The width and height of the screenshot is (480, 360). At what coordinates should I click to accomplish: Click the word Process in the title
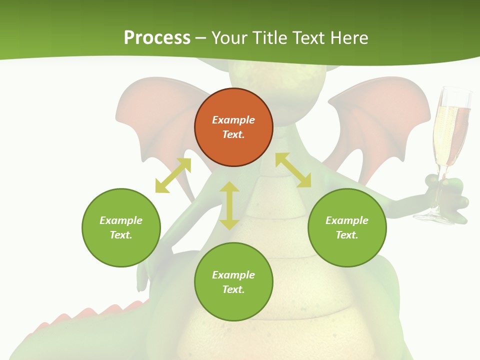click(157, 38)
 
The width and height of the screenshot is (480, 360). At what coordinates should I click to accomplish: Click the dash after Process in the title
click(201, 39)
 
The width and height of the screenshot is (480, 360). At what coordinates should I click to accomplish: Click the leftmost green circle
click(121, 227)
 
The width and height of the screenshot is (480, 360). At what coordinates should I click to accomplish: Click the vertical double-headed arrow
click(229, 205)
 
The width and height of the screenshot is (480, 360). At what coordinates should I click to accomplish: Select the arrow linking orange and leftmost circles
click(173, 175)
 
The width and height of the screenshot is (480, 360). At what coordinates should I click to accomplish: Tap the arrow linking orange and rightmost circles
click(293, 170)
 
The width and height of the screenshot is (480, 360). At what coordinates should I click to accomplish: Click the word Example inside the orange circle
click(233, 120)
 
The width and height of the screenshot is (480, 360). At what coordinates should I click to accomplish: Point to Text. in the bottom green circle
click(233, 289)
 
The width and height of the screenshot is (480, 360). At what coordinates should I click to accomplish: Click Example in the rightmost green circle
click(347, 220)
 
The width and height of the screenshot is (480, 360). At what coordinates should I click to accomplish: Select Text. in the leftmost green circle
click(121, 235)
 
